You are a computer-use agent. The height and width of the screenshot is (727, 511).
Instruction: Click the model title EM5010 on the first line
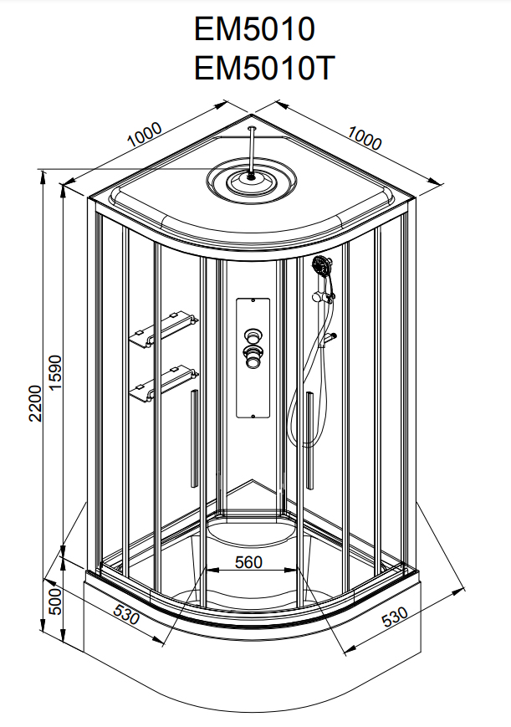pos(255,30)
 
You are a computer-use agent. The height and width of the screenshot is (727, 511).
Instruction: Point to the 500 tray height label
pos(55,599)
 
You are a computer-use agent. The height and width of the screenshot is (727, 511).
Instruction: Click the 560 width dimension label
pos(250,561)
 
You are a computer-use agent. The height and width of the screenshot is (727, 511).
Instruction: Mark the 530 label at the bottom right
pos(395,617)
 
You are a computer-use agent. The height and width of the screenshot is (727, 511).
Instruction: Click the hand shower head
pos(320,269)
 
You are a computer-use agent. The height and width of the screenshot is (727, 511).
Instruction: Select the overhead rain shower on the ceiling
pos(252,178)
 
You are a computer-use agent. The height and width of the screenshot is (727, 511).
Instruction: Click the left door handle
pos(194,438)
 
